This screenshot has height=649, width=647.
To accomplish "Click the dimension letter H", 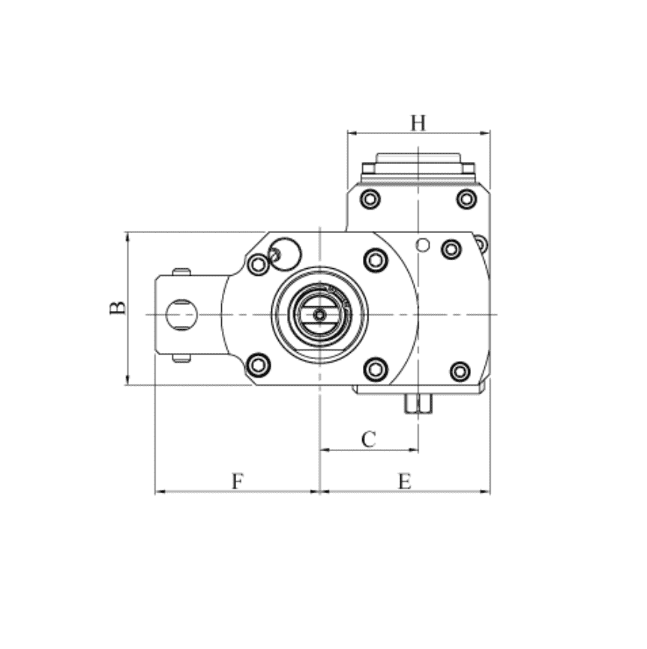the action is click(418, 123).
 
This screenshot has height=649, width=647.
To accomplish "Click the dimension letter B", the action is click(118, 307).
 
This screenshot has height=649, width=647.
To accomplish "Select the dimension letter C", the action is click(368, 439).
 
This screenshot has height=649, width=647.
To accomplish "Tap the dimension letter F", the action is click(237, 481).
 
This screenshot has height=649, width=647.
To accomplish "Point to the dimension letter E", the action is click(404, 481).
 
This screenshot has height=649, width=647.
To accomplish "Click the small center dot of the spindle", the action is click(319, 315).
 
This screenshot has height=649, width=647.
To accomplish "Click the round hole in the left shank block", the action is click(181, 315).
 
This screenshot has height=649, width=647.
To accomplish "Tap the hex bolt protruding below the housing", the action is click(418, 403).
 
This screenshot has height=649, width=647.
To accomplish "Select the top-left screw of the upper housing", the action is click(370, 199).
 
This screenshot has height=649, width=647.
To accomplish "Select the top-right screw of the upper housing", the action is click(466, 199).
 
